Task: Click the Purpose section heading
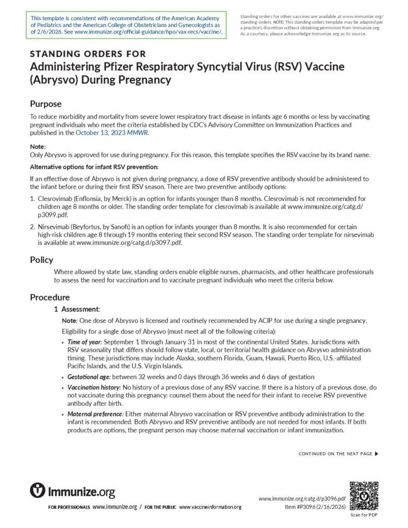coord(45,104)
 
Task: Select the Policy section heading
coord(41,260)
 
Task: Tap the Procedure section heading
coord(50,298)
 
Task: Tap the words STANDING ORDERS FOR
coord(88,54)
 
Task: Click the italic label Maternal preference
coord(92,414)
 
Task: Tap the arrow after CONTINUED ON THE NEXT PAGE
coord(377,454)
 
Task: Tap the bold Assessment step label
coord(80,309)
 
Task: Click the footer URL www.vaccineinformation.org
coord(210,507)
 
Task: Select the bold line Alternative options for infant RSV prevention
coord(94,167)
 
